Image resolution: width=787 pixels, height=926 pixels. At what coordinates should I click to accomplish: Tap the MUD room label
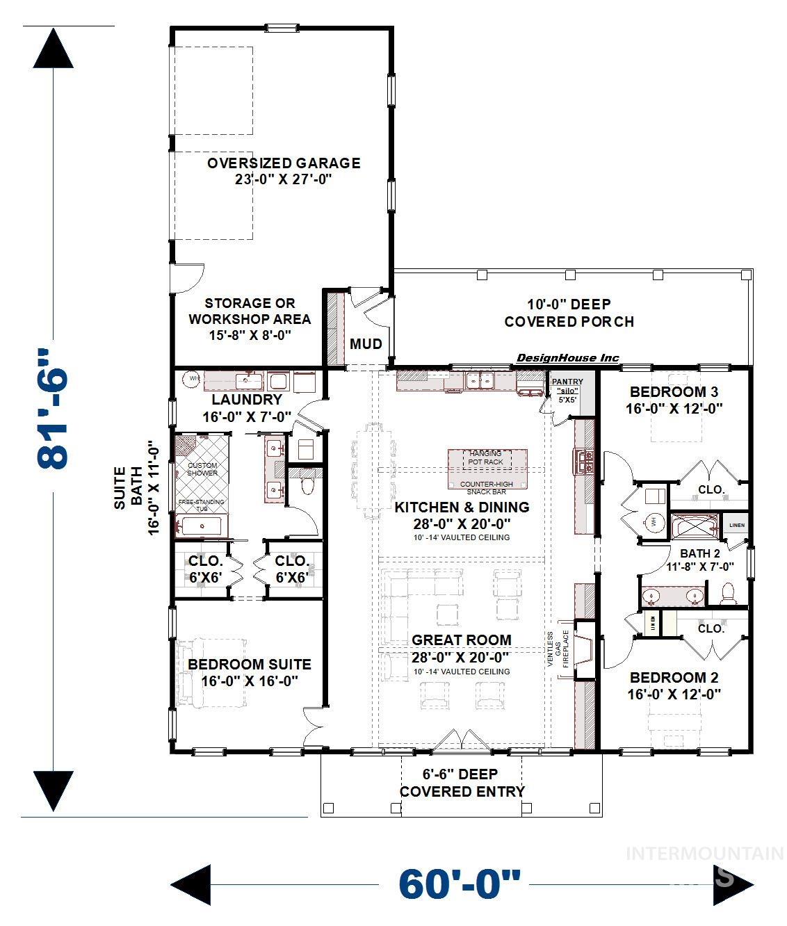coord(366,343)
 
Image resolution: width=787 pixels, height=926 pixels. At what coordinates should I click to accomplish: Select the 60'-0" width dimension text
coord(459,884)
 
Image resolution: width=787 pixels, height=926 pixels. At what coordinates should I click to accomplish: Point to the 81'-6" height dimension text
coord(54,409)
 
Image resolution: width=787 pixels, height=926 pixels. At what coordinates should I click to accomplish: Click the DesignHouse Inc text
coord(567,358)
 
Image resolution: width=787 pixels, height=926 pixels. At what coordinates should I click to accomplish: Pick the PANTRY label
coord(567,382)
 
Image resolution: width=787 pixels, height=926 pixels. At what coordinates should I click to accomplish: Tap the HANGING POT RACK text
coord(485,457)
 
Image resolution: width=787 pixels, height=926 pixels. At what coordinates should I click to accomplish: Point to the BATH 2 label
coord(699,553)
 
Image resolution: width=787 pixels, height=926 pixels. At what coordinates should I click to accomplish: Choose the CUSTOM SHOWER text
coord(202,469)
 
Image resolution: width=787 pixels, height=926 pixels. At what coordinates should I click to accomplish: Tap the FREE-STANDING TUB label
coord(202,505)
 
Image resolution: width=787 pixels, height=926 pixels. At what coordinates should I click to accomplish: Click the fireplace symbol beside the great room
coord(583,649)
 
